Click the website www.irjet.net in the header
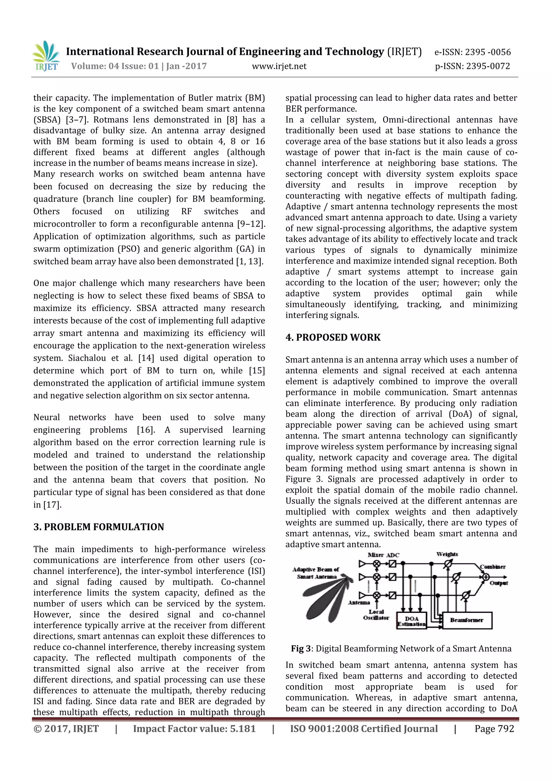click(x=279, y=66)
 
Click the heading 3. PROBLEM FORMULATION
click(x=98, y=527)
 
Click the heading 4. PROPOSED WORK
click(x=333, y=337)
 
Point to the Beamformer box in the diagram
click(x=467, y=620)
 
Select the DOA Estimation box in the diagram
click(x=411, y=621)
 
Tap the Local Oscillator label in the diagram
click(x=376, y=615)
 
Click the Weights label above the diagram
click(x=447, y=554)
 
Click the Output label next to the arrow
click(x=498, y=583)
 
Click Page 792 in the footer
click(x=494, y=728)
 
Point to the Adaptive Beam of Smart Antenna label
click(x=316, y=573)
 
